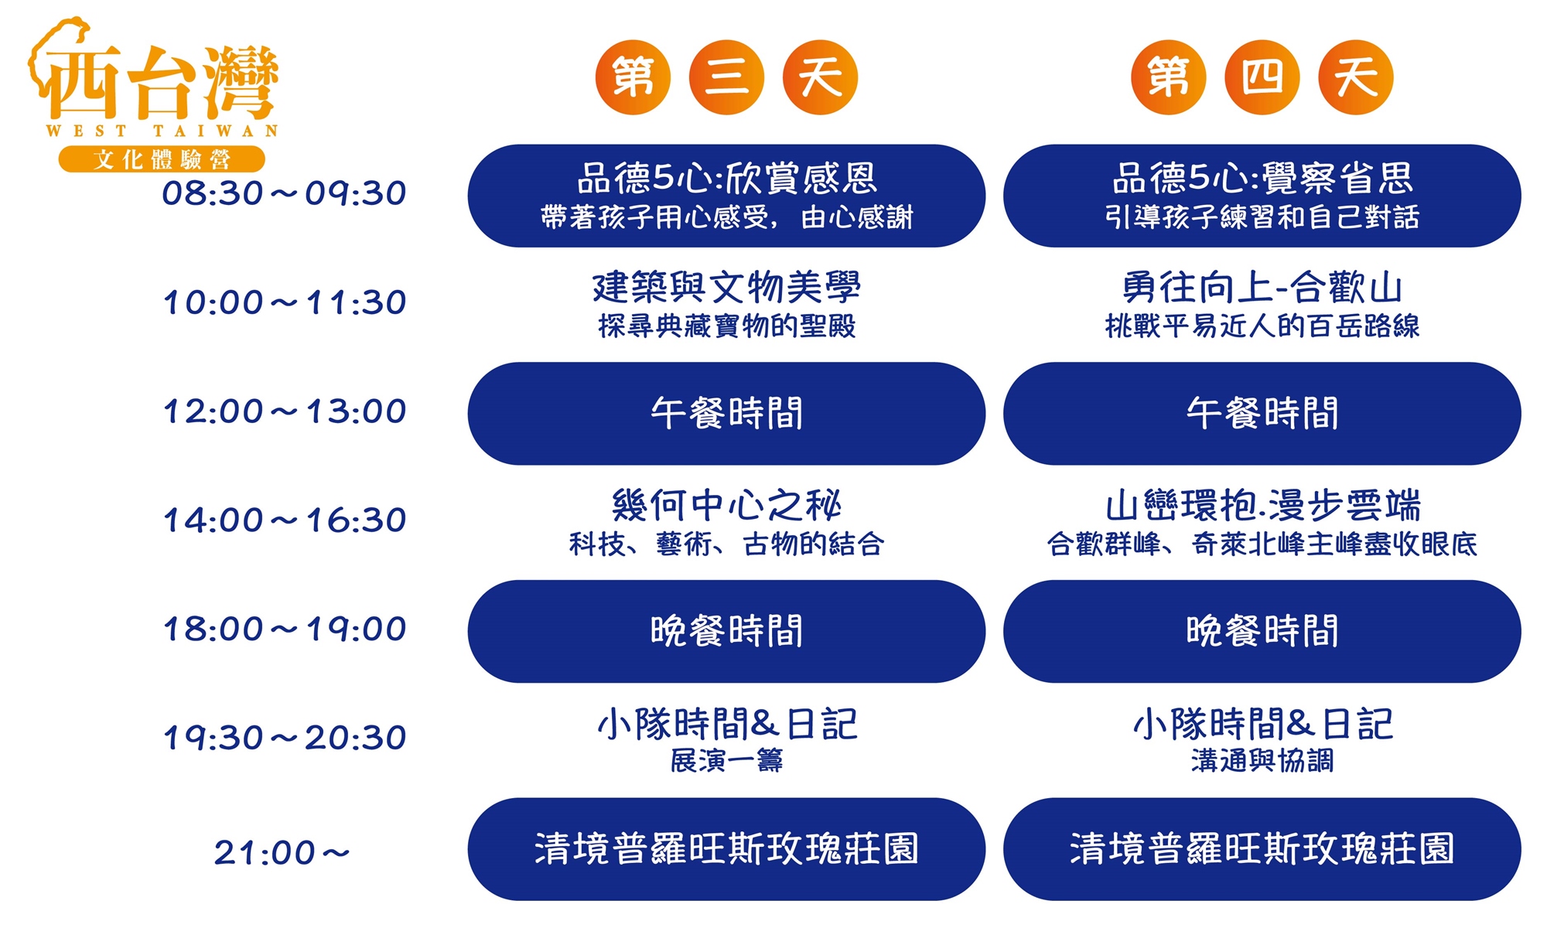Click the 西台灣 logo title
coord(155,81)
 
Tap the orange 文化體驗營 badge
coord(162,159)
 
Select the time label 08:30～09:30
coord(284,193)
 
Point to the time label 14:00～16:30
coord(284,520)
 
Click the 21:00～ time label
coord(282,853)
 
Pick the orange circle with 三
coord(726,77)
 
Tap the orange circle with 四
coord(1262,77)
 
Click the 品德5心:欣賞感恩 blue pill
coord(726,196)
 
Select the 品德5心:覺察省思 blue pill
coord(1262,196)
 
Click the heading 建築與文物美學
coord(726,287)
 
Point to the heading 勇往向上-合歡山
coord(1262,287)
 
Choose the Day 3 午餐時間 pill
coord(726,414)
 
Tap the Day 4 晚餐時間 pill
coord(1262,631)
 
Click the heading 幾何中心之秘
coord(726,505)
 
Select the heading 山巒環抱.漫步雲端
coord(1262,505)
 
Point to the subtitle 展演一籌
coord(726,761)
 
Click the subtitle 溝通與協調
coord(1262,761)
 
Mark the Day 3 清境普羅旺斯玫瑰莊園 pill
coord(726,849)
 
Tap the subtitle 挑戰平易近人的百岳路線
coord(1262,326)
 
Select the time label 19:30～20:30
coord(284,738)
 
